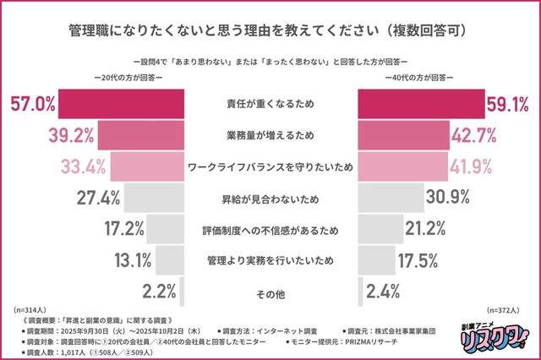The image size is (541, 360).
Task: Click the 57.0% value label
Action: click(x=33, y=105)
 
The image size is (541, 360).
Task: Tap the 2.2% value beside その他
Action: click(x=158, y=292)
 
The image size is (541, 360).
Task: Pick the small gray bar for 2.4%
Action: click(x=362, y=292)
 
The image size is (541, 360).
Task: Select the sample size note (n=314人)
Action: click(x=32, y=312)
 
